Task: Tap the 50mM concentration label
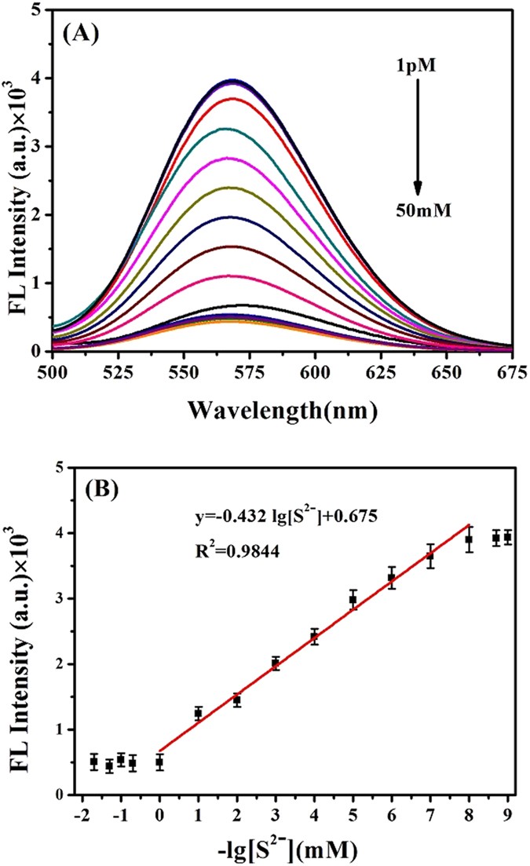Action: (x=418, y=210)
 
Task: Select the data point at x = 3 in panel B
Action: (x=276, y=663)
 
